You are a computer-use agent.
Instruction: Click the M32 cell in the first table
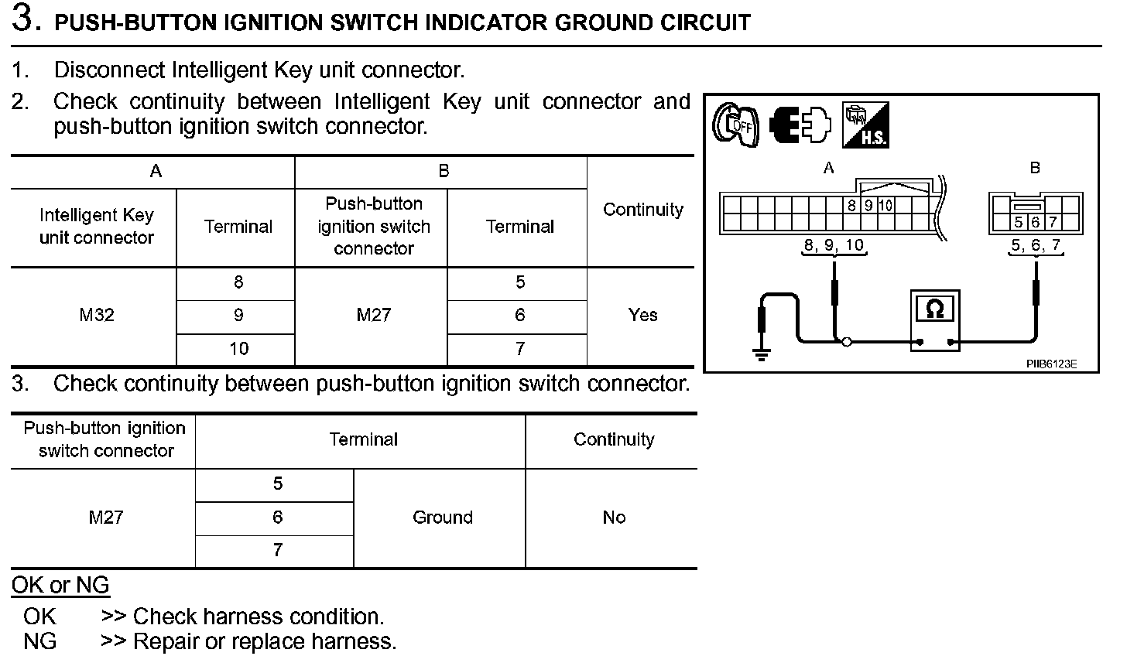point(97,316)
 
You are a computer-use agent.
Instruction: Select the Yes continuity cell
point(642,316)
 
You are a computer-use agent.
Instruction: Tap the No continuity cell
point(613,518)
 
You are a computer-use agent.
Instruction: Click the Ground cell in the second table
point(442,518)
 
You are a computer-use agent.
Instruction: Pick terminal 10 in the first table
point(238,349)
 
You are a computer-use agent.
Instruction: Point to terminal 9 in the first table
point(238,316)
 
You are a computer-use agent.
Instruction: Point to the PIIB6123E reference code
point(1051,363)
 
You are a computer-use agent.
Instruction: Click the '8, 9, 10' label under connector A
point(833,246)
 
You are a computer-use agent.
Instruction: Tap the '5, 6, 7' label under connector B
point(1036,246)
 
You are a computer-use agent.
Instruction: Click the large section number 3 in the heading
point(26,20)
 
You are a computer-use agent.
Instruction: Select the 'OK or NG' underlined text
point(60,586)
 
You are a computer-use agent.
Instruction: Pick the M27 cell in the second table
point(105,518)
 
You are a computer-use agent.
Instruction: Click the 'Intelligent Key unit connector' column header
point(96,227)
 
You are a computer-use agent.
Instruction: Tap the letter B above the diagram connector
point(1035,168)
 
